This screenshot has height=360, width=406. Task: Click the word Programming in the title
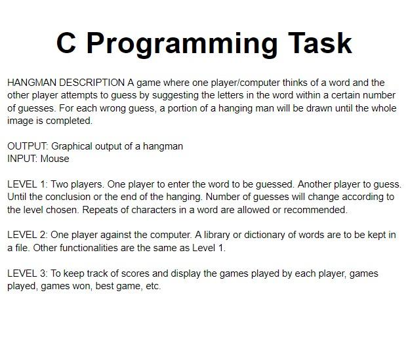(182, 44)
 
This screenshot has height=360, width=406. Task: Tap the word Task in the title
(320, 43)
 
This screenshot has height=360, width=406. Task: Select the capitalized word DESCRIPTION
(92, 83)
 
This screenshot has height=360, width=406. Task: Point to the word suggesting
(175, 96)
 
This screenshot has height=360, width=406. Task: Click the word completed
(69, 121)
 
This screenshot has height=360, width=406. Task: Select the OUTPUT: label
(28, 146)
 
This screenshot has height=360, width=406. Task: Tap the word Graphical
(71, 147)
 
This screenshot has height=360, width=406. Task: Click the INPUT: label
(22, 159)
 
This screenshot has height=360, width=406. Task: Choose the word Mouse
(55, 159)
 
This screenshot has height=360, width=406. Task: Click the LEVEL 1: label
(28, 184)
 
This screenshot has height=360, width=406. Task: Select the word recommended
(315, 210)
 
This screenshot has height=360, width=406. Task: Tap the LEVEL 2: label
(28, 235)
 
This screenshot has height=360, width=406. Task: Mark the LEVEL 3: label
(28, 273)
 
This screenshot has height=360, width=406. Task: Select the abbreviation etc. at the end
(153, 287)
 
